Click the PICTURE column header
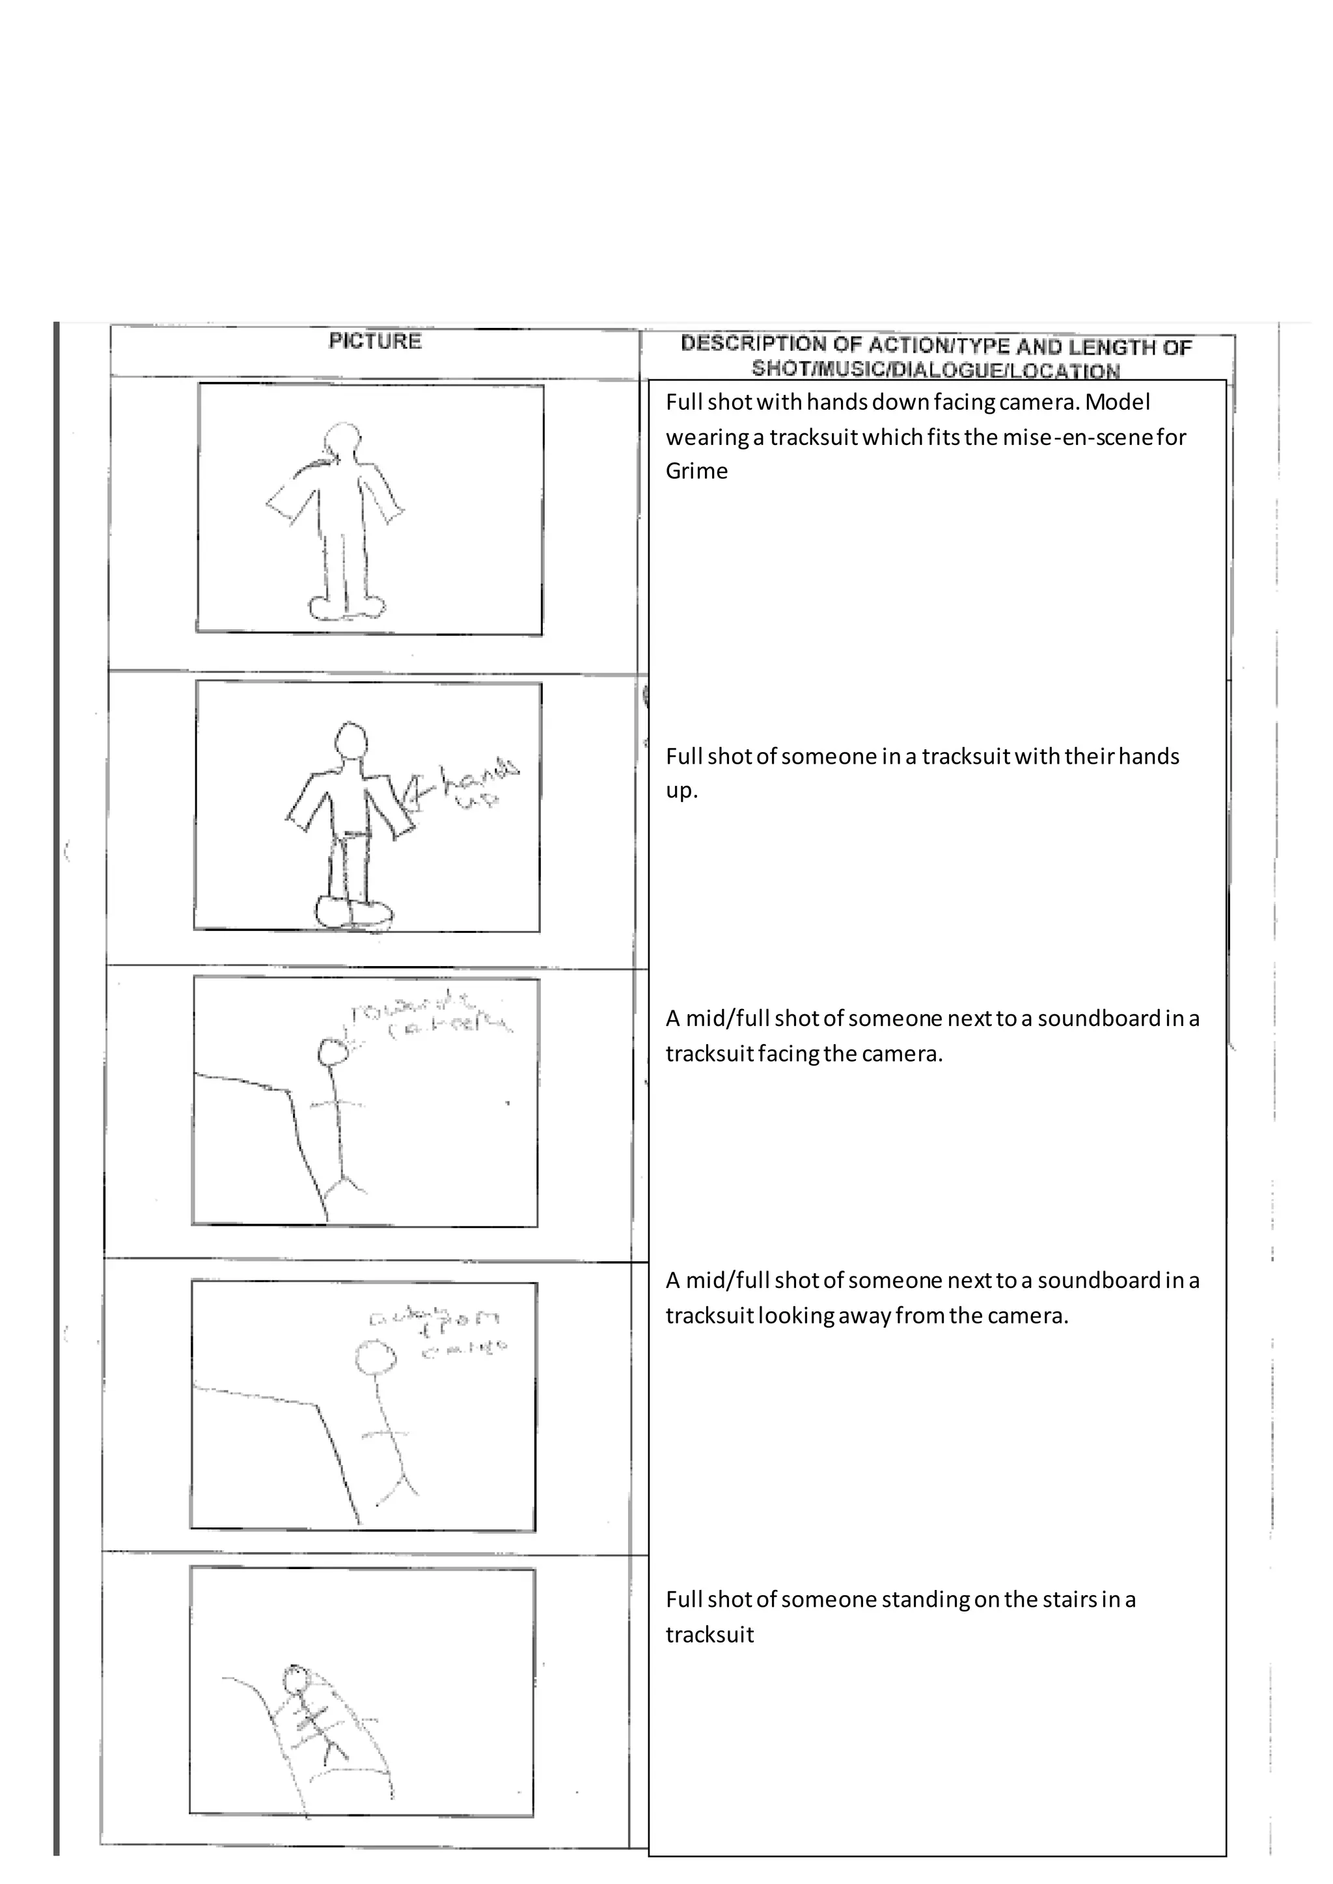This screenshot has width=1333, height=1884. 375,342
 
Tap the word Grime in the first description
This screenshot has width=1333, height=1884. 696,471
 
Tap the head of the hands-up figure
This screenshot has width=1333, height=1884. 352,741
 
